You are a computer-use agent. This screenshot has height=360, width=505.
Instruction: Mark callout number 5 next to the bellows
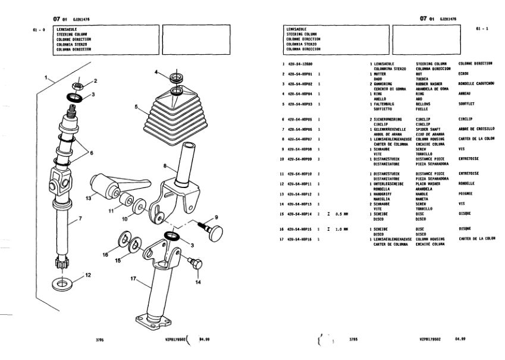pyautogui.click(x=136, y=108)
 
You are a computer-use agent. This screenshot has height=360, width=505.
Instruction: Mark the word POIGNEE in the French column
pyautogui.click(x=466, y=193)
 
